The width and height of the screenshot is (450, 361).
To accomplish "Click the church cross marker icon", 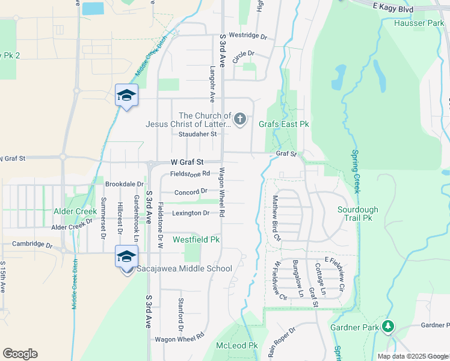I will [240, 119].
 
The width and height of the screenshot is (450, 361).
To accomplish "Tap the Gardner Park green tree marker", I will [388, 326].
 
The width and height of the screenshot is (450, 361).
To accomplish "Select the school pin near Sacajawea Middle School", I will [126, 257].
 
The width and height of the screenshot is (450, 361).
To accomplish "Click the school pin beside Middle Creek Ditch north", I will [126, 95].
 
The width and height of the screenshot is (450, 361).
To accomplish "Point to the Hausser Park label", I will [418, 23].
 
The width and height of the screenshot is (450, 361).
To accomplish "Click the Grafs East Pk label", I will [283, 124].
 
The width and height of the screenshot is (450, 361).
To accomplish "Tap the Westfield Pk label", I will [196, 239].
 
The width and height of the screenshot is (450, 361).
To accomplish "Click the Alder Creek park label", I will [75, 212].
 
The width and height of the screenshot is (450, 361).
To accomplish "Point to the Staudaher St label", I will [193, 134].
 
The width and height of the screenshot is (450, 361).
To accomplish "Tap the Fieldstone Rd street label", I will [190, 173].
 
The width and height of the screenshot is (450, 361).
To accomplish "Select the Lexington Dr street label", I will [191, 213].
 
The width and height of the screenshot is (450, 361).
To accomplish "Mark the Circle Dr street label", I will [243, 54].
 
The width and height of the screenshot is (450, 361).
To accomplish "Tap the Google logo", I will [20, 354].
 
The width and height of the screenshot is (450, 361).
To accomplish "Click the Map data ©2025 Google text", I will [412, 356].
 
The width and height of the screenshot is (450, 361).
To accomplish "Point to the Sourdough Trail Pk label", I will [358, 214].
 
